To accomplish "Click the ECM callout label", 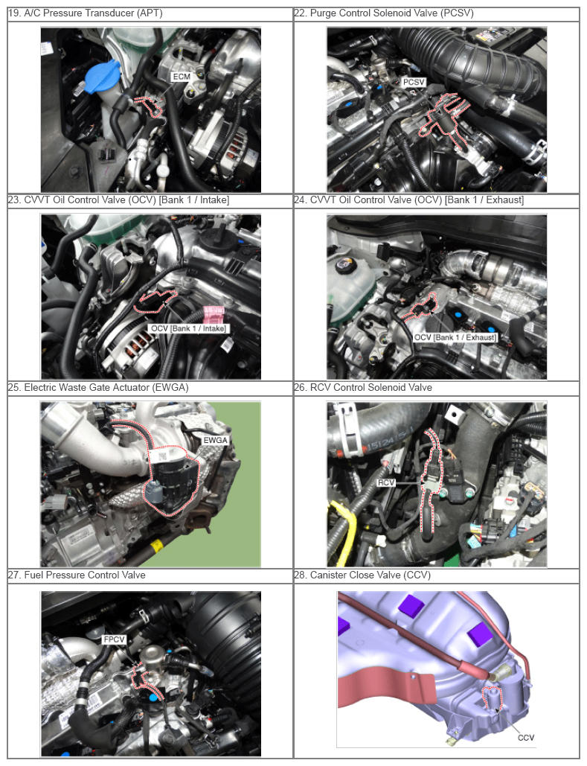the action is click(x=182, y=77).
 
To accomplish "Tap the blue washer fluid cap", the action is click(x=102, y=77).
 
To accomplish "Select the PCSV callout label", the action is click(x=414, y=82).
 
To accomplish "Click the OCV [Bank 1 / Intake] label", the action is click(x=188, y=328).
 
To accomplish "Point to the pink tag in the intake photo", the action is click(x=214, y=315).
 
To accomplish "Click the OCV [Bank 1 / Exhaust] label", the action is click(x=455, y=337).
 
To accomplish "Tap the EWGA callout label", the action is click(x=215, y=440).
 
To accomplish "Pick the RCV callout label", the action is click(x=386, y=482).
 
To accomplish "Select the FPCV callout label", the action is click(x=115, y=639).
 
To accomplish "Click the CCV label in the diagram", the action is click(x=525, y=738).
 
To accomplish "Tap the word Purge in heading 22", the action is click(x=323, y=13).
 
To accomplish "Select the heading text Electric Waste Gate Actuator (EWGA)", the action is click(x=106, y=387).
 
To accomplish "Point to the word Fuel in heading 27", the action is click(x=33, y=575).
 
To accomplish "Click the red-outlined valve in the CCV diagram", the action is click(x=493, y=698).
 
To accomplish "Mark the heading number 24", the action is click(x=300, y=200).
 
